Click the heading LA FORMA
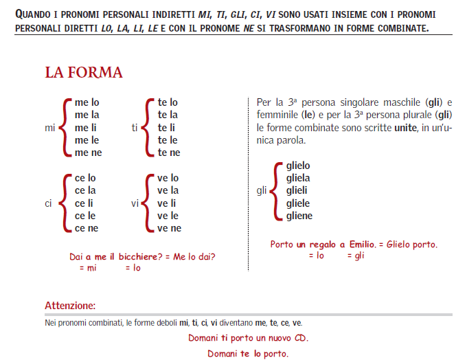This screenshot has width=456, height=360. (84, 72)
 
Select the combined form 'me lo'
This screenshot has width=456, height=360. (87, 102)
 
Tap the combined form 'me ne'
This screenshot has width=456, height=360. (88, 153)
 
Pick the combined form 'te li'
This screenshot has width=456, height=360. (166, 127)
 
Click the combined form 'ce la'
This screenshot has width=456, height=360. (87, 190)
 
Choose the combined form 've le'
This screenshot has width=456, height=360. (168, 215)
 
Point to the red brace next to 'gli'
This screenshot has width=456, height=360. (275, 191)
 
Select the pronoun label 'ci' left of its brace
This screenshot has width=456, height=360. (47, 203)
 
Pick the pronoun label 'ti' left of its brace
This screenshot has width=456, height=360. (135, 128)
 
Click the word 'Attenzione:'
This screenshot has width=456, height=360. (70, 305)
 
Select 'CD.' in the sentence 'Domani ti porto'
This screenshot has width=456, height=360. (300, 339)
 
